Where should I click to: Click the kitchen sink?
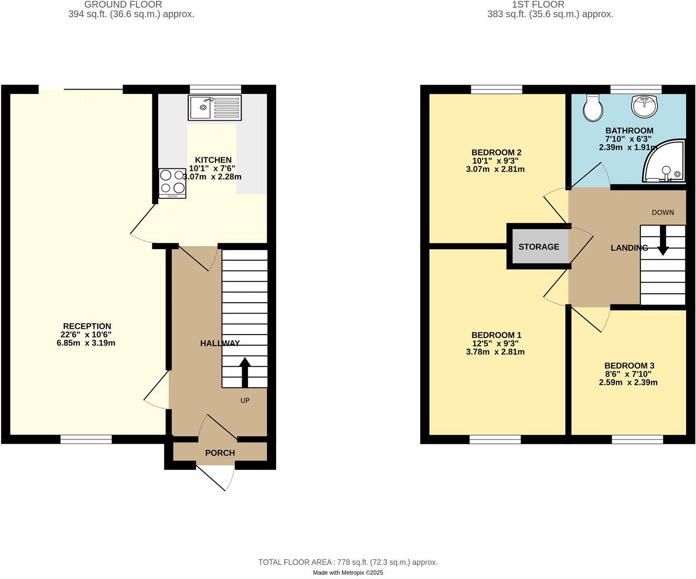coord(215,109)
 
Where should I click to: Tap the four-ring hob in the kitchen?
coord(172,183)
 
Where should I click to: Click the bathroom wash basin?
coord(645,106)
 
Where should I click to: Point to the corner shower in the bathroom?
coord(666,163)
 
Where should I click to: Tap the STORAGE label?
coord(538,246)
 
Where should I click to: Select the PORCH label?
coord(220,453)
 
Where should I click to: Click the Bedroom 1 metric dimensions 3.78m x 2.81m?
coord(495,352)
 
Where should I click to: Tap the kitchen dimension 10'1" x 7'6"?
coord(213,168)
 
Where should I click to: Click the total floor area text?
coord(347,562)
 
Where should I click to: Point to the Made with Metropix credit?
coord(348,573)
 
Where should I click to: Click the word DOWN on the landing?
coord(662,212)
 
